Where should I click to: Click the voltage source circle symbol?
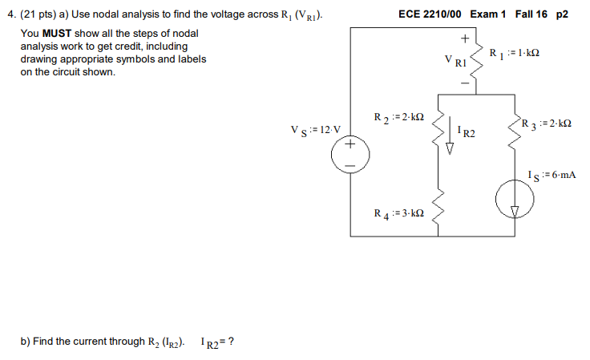coord(350,154)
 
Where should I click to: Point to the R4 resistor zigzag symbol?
coord(438,210)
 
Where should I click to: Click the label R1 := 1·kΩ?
coord(514,53)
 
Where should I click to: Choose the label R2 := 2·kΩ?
coord(398,118)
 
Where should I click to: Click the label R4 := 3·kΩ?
coord(398,214)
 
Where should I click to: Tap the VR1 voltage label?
coord(455,60)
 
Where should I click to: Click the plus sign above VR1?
coord(463,38)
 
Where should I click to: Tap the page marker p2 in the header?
coord(561,14)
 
